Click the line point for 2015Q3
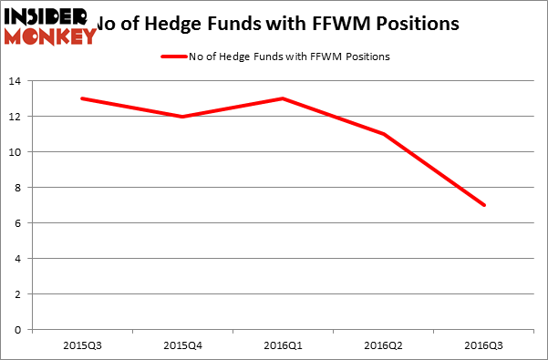click(82, 98)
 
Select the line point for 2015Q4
click(182, 117)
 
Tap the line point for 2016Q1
click(284, 98)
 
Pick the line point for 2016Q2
click(384, 134)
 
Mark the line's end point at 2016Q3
click(484, 205)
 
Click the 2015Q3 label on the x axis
click(82, 345)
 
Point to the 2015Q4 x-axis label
click(182, 345)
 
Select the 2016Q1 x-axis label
click(284, 345)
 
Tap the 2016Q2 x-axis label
click(384, 345)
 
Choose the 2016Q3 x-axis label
click(484, 345)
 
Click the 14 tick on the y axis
click(17, 81)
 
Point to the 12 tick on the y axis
click(17, 117)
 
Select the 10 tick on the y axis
click(17, 152)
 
